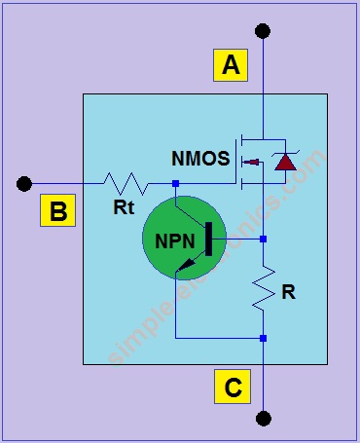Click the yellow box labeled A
pos(231,66)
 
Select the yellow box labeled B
pos(58,211)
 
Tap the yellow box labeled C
pos(233,388)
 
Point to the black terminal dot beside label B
pos(25,183)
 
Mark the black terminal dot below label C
pos(263,419)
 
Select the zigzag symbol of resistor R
pos(263,289)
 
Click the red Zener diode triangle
pos(285,163)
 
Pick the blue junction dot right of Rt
pos(175,183)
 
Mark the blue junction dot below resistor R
pos(263,338)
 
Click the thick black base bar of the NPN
pos(210,240)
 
